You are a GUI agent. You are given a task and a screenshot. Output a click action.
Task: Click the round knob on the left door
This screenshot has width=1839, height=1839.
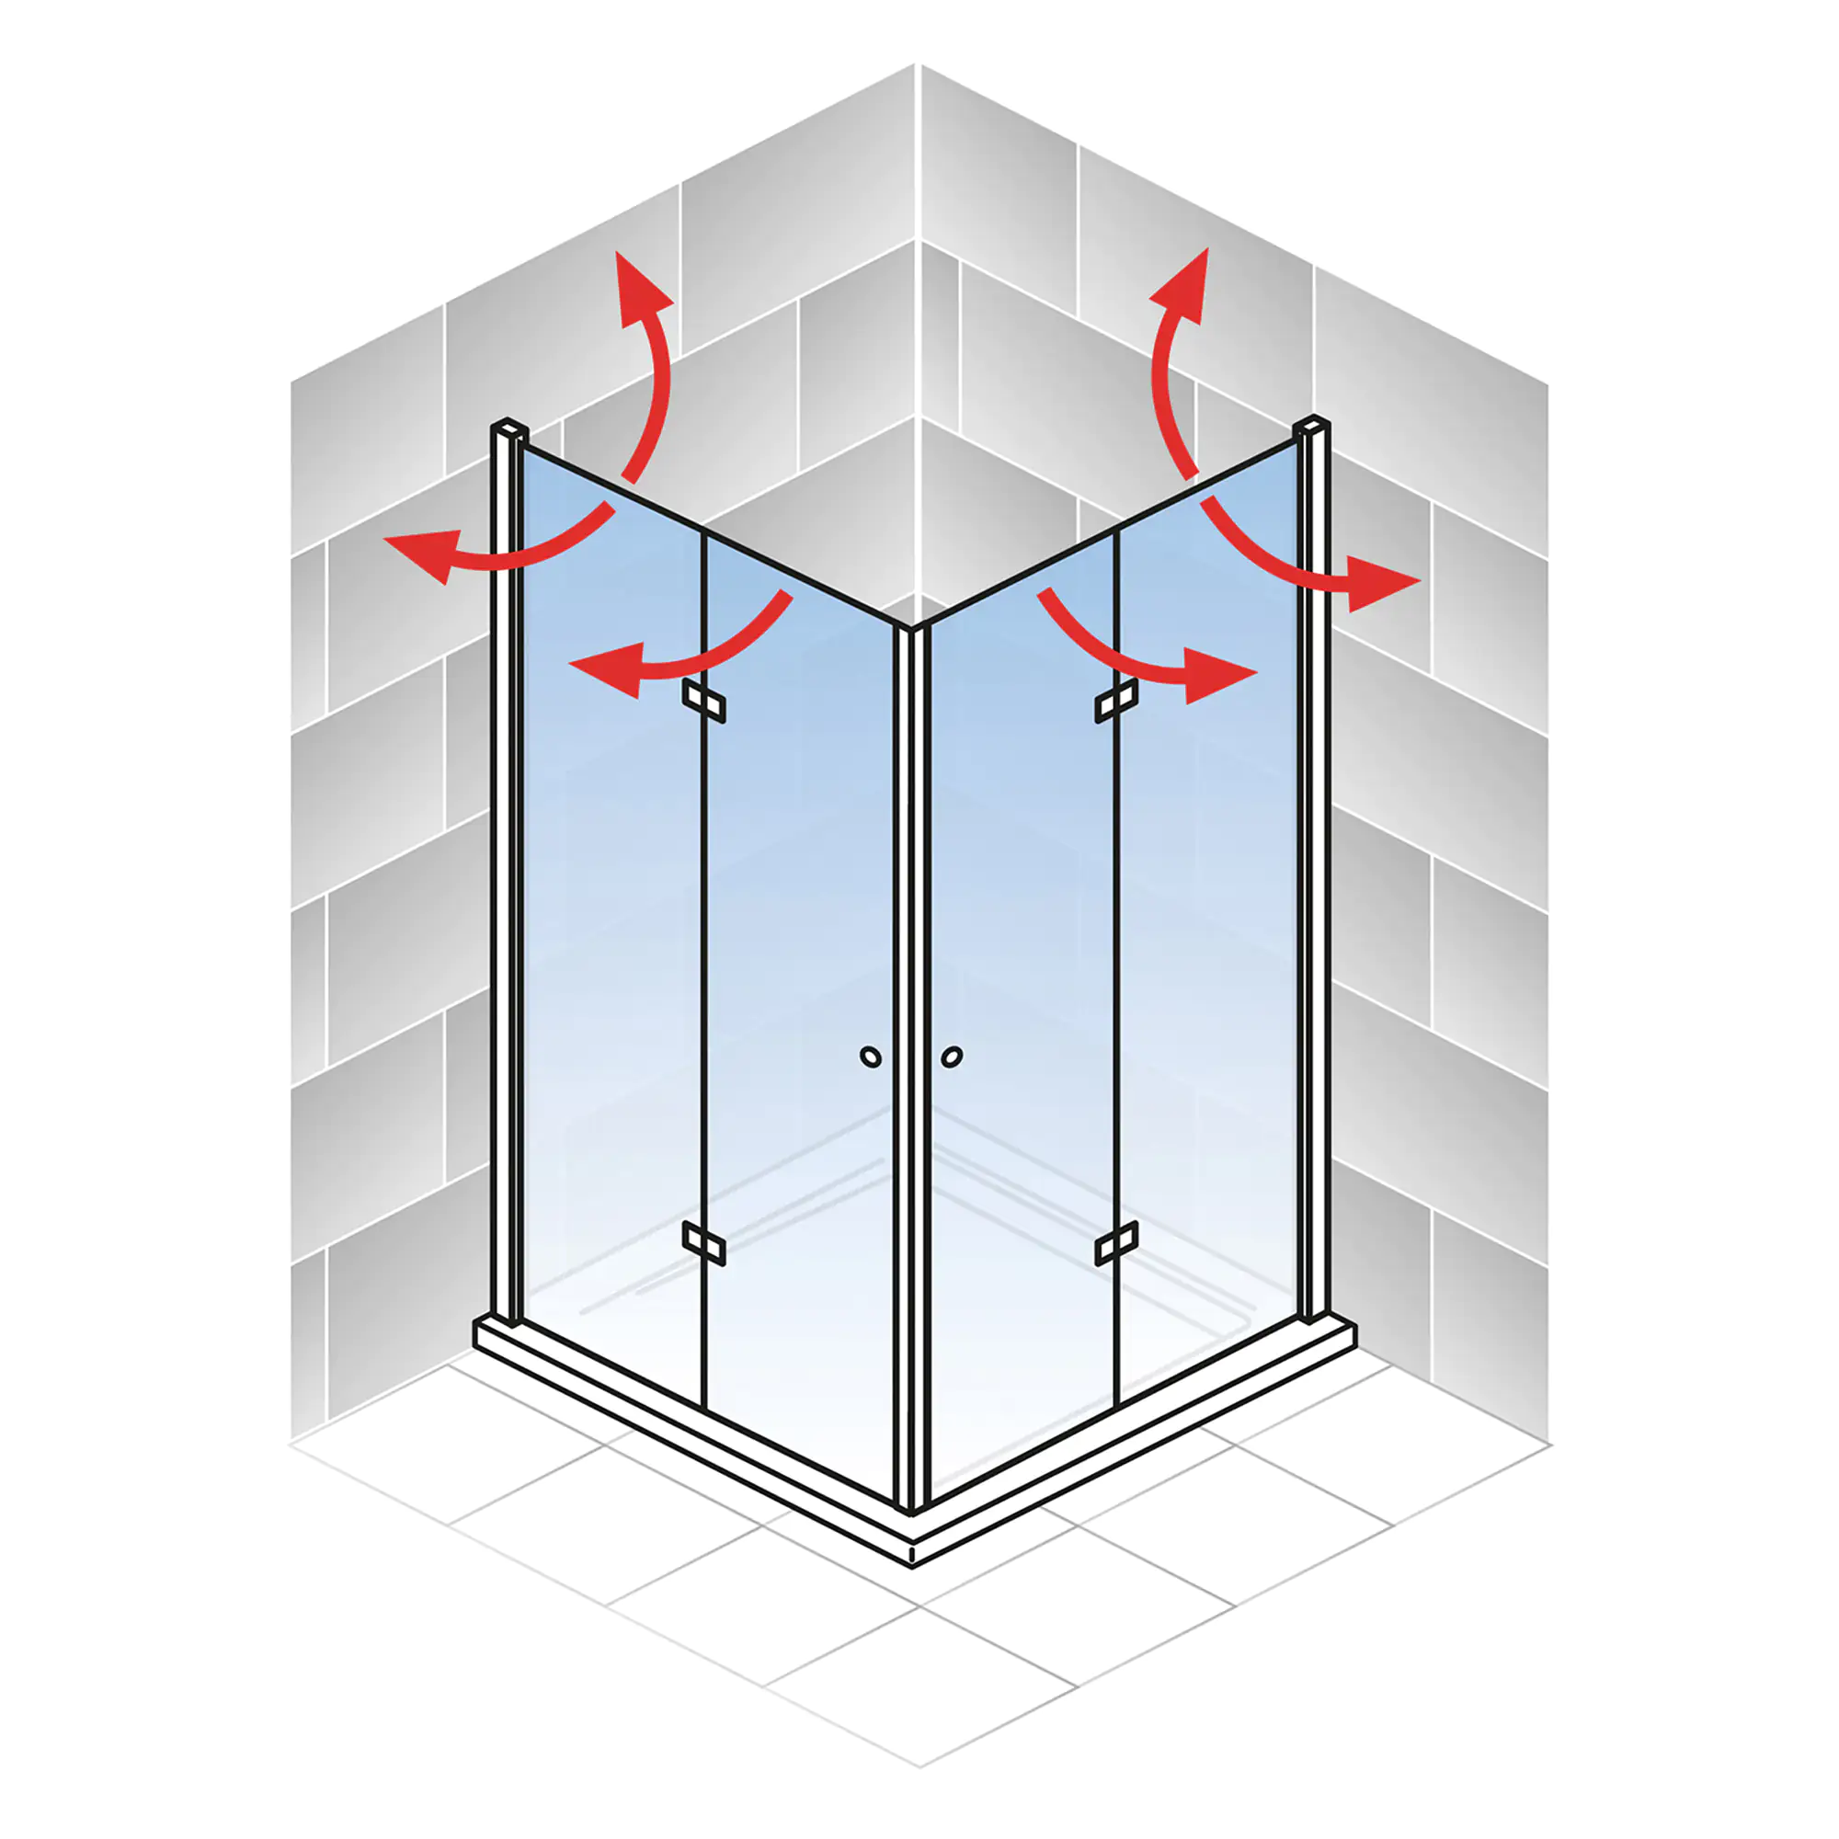[870, 1057]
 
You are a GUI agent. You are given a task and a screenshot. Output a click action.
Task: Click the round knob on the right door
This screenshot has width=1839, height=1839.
[952, 1057]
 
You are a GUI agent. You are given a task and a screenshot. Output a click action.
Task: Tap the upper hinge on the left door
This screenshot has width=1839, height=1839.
[703, 702]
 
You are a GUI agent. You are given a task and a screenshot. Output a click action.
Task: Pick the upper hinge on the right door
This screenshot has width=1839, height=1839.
[1116, 702]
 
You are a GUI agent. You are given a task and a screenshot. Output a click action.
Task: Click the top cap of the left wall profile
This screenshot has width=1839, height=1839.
[509, 428]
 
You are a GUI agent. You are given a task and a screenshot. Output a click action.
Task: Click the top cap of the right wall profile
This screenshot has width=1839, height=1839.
[1313, 425]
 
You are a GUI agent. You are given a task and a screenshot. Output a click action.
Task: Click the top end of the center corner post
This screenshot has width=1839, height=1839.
[911, 627]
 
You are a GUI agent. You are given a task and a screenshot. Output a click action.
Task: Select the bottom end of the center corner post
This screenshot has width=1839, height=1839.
[911, 1509]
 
